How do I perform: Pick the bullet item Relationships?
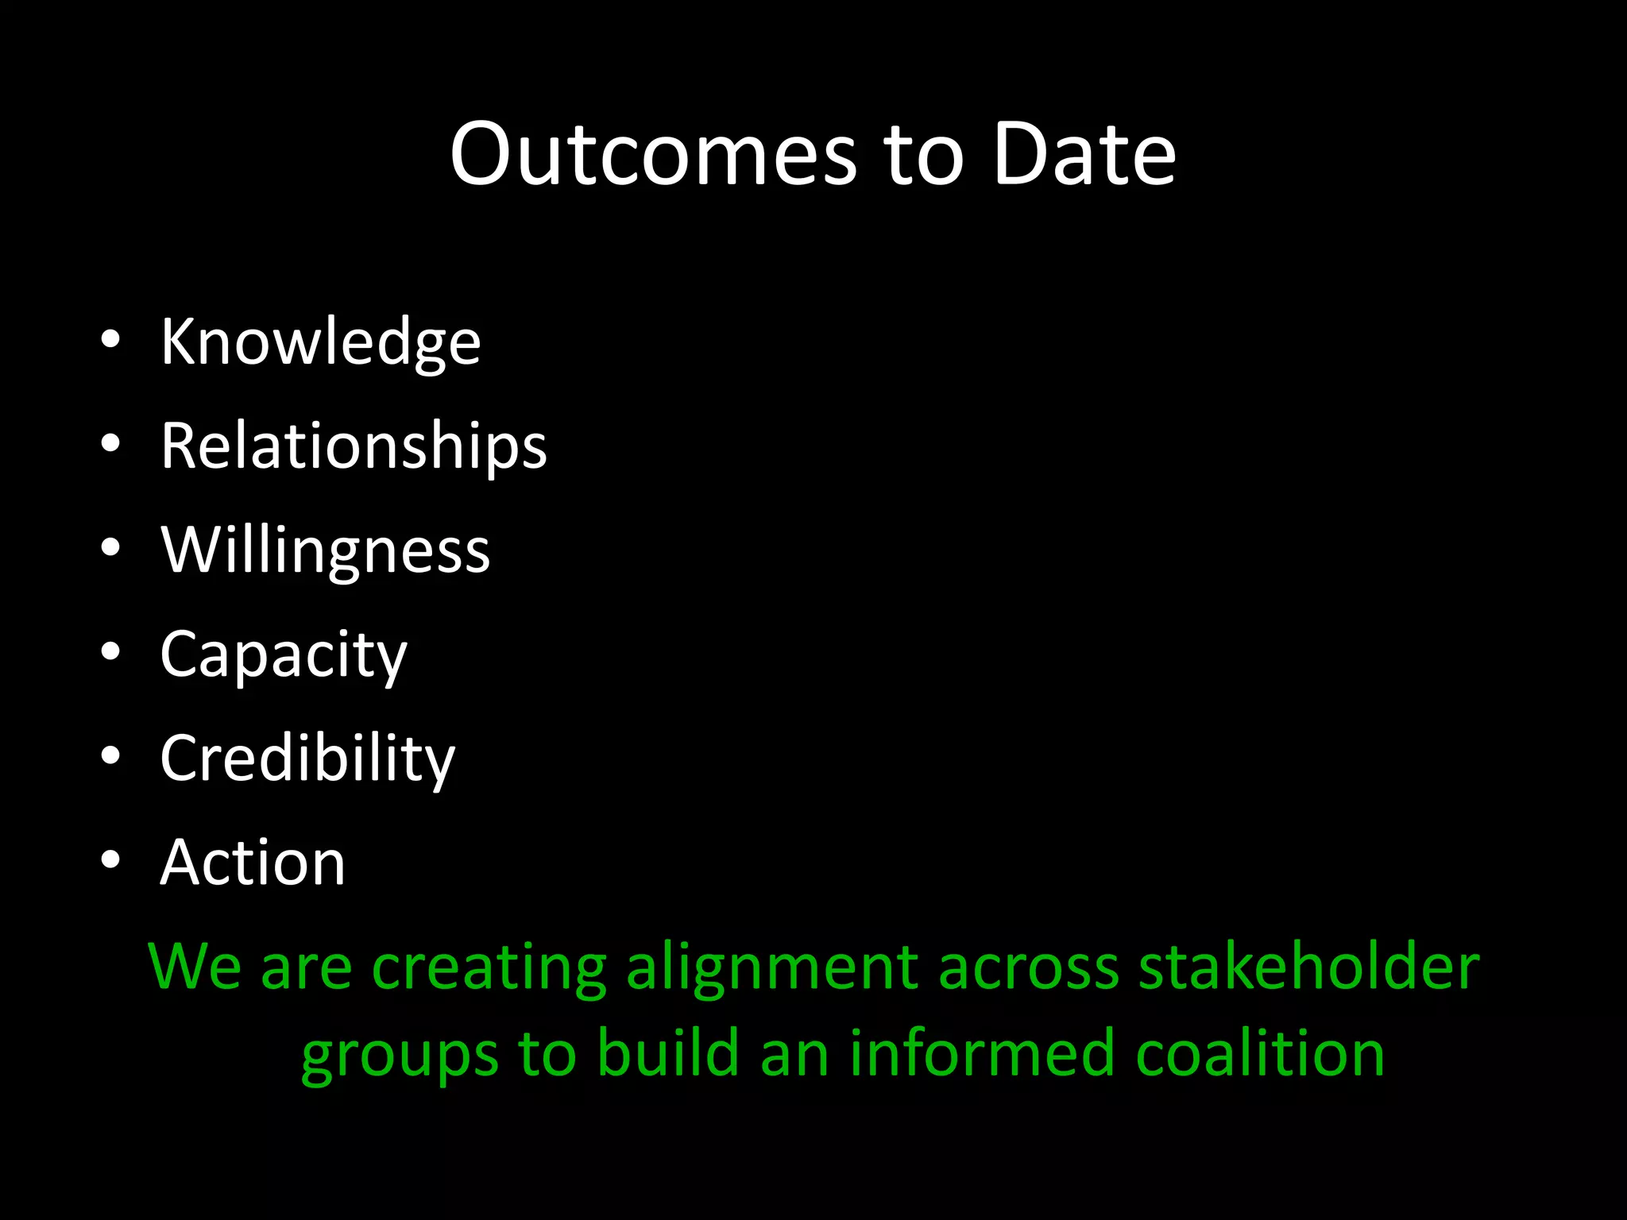(354, 446)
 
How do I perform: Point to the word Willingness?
(325, 550)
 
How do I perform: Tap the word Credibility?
(307, 759)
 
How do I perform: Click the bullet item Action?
(253, 863)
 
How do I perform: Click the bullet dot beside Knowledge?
(110, 340)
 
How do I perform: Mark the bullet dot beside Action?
(110, 859)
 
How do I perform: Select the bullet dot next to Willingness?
(110, 548)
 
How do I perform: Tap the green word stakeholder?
(1308, 967)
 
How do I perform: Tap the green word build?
(667, 1053)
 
